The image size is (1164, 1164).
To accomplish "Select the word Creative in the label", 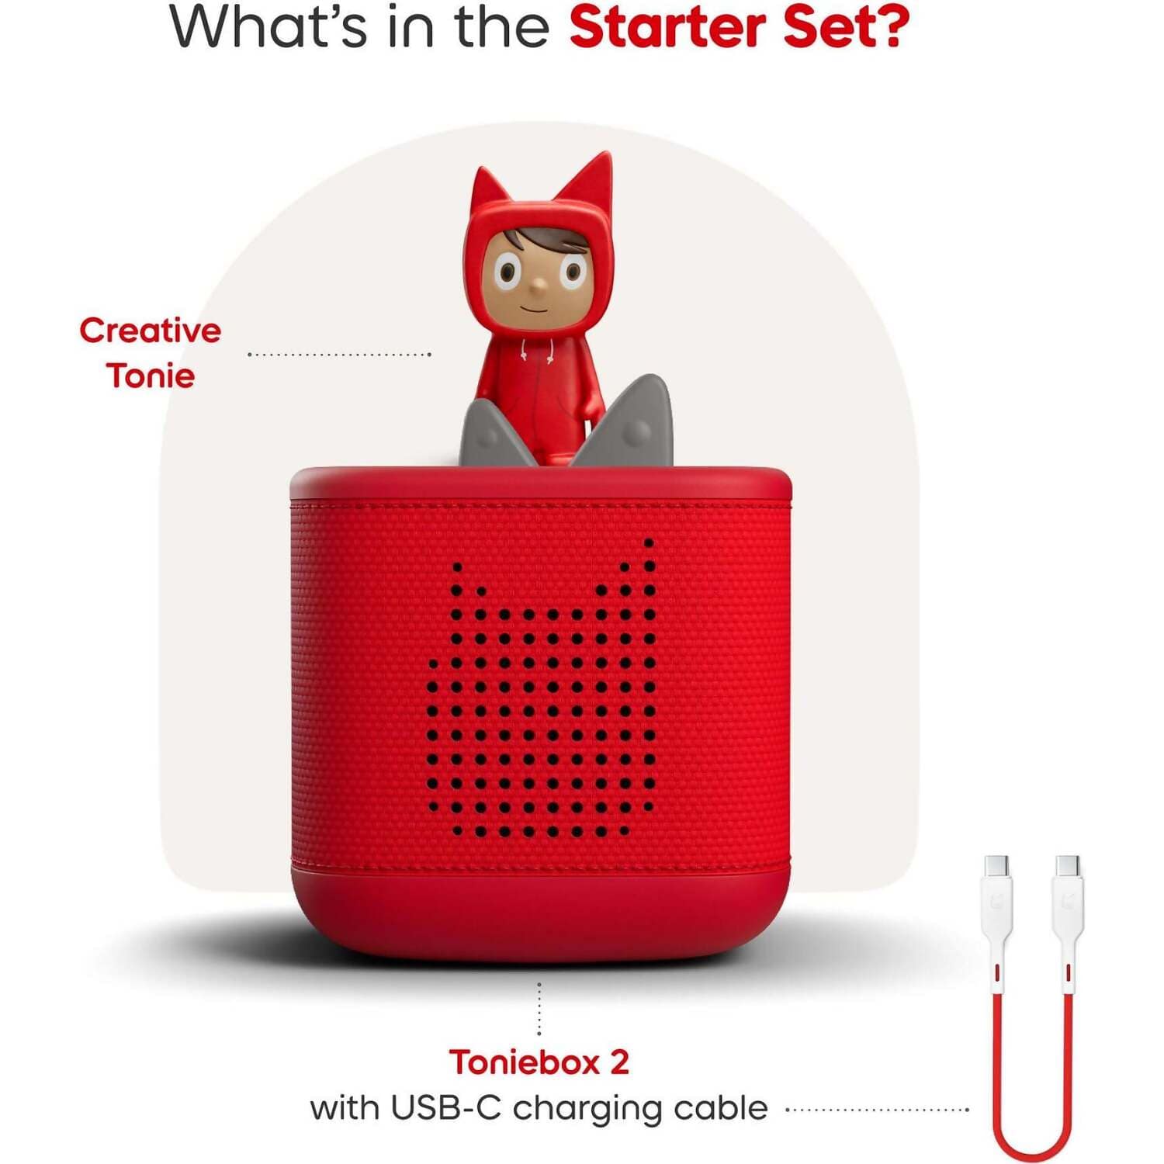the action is (x=151, y=331).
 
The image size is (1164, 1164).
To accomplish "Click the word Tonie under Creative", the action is (x=151, y=376).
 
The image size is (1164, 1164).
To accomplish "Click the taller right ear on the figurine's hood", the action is (x=587, y=186).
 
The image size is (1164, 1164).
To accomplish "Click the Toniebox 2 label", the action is (x=539, y=1062).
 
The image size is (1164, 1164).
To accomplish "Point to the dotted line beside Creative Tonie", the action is (x=339, y=355).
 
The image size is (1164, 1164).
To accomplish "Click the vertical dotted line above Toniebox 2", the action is (x=539, y=1008).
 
